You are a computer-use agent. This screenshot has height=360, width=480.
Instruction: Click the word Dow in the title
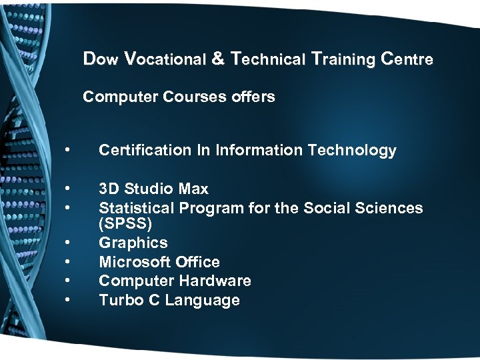pyautogui.click(x=101, y=59)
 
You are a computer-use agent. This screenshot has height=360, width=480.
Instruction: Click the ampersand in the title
pyautogui.click(x=218, y=59)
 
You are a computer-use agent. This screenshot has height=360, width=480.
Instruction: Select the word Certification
pyautogui.click(x=135, y=150)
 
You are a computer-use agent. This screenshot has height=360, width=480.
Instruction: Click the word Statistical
pyautogui.click(x=136, y=207)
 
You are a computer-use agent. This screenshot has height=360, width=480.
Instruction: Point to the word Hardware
pyautogui.click(x=218, y=281)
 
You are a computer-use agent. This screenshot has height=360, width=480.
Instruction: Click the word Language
pyautogui.click(x=202, y=301)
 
